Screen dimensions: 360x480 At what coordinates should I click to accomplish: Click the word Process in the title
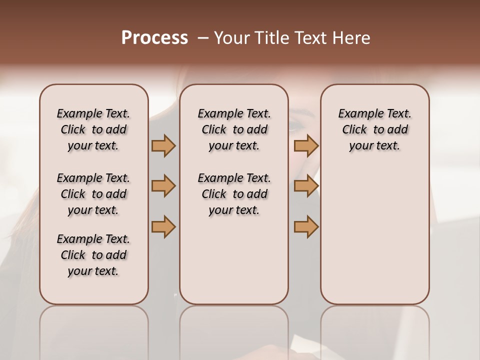click(x=154, y=38)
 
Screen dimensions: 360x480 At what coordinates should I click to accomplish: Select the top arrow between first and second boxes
click(x=163, y=146)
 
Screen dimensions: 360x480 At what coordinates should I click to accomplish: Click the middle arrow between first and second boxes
click(x=163, y=186)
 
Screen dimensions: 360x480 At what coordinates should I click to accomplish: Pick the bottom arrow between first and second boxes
click(x=163, y=226)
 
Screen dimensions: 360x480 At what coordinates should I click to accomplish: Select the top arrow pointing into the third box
click(x=306, y=146)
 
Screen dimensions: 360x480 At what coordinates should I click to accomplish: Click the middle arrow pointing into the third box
click(x=306, y=186)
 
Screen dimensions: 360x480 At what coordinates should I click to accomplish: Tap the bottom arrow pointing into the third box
click(x=306, y=226)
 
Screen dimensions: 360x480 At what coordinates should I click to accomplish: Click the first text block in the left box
click(x=93, y=129)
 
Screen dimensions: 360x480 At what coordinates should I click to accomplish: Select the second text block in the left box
click(x=93, y=194)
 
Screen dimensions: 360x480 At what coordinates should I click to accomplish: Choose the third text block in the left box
click(x=93, y=255)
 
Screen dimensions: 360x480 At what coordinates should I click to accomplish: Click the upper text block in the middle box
click(x=234, y=129)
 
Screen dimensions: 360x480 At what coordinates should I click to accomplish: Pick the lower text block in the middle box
click(x=234, y=194)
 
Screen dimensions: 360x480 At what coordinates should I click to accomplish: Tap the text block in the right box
click(x=374, y=129)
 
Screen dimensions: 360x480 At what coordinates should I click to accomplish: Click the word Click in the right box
click(x=354, y=130)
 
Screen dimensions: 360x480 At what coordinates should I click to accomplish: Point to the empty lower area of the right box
click(x=374, y=235)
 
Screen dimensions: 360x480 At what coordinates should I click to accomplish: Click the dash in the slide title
click(x=202, y=38)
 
